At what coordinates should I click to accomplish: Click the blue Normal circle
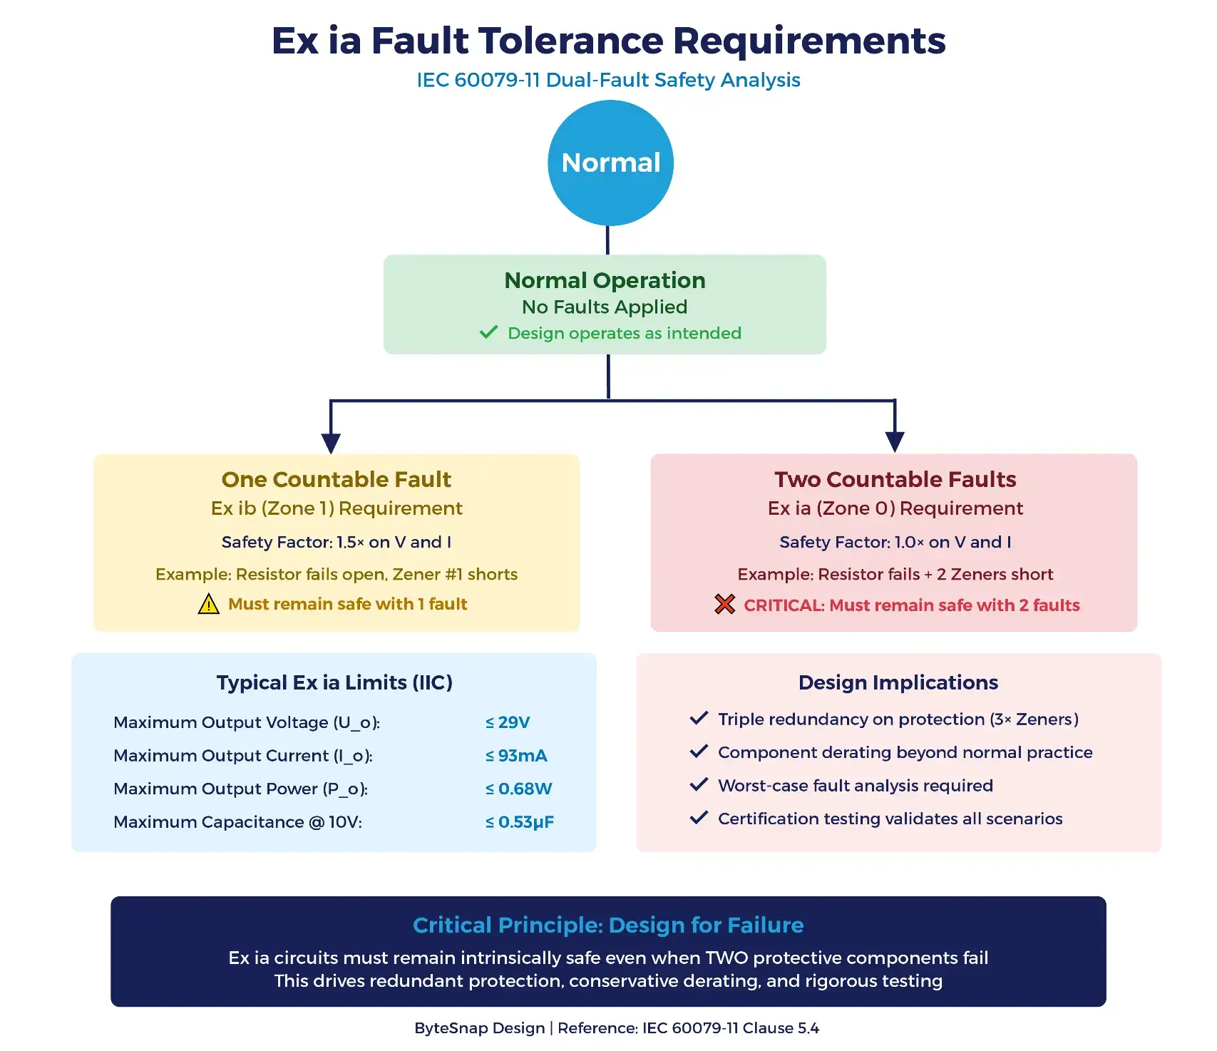(x=610, y=163)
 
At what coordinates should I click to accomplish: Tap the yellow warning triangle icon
(x=208, y=605)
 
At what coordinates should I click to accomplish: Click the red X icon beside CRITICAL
(x=724, y=605)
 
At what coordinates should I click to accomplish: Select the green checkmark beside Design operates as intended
(x=488, y=332)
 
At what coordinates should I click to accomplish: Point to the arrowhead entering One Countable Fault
(x=331, y=443)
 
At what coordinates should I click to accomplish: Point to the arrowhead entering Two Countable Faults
(x=895, y=441)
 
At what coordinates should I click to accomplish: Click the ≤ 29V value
(x=508, y=722)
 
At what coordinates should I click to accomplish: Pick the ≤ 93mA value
(x=516, y=756)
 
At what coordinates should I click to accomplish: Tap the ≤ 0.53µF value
(x=519, y=822)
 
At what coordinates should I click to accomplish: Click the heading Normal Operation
(x=605, y=280)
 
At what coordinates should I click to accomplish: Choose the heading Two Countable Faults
(x=895, y=479)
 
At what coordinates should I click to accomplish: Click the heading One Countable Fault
(x=336, y=479)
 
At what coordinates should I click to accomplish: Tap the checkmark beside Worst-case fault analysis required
(x=699, y=784)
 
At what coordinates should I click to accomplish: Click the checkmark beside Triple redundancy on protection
(x=699, y=718)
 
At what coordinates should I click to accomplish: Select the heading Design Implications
(x=898, y=682)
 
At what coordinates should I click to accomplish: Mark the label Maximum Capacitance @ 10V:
(x=237, y=822)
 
